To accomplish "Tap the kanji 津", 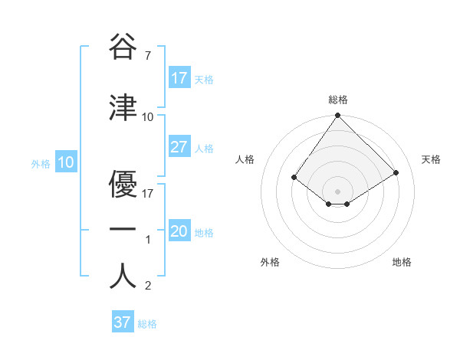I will (123, 107).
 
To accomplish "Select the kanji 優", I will (123, 183).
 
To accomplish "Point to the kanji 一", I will (123, 229).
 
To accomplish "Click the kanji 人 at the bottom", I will (123, 276).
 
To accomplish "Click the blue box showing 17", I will (179, 78).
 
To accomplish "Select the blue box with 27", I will (179, 147).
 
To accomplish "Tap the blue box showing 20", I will (179, 231).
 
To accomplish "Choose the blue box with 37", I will (123, 322).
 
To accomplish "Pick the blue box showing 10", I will (66, 162).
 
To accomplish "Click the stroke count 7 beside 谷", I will (147, 56).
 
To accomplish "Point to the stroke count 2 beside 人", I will (147, 286).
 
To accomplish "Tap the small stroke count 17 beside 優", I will (148, 194).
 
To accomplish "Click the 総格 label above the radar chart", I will (338, 100).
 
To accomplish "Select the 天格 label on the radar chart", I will (431, 159).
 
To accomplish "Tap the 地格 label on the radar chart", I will (402, 262).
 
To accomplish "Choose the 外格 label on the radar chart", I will (270, 262).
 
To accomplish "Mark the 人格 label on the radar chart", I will (245, 159).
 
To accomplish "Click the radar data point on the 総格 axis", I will (337, 116).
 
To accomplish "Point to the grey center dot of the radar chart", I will (337, 191).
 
